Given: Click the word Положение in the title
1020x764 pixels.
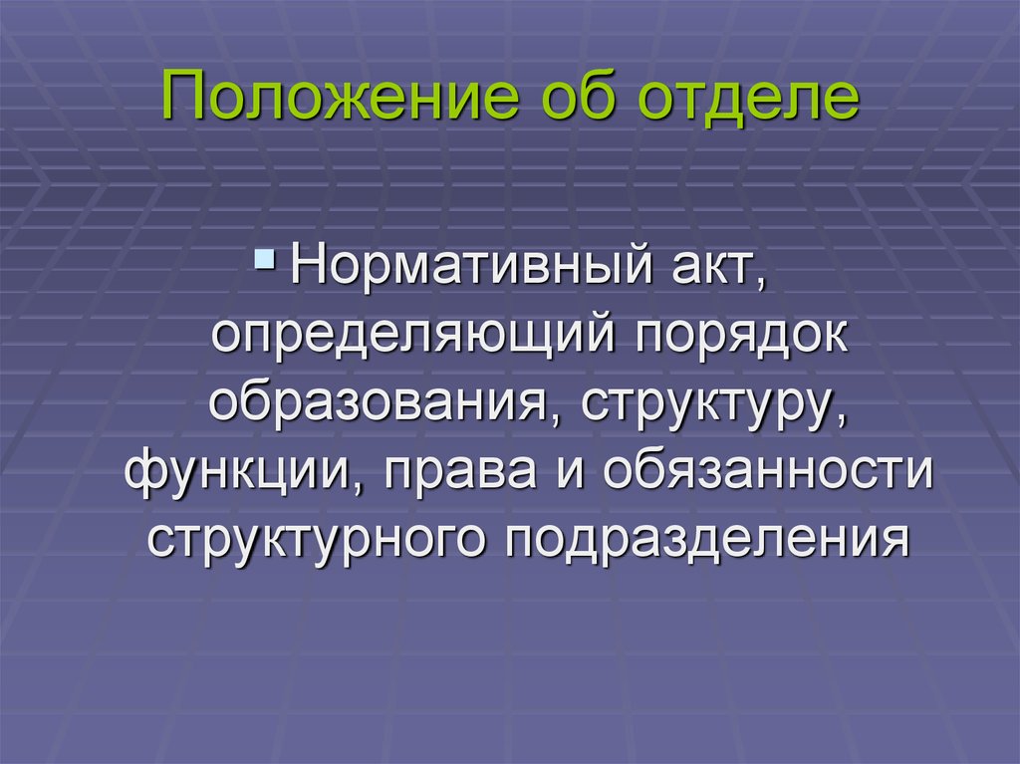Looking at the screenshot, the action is tap(341, 98).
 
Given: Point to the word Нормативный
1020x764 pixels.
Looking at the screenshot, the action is tap(471, 265).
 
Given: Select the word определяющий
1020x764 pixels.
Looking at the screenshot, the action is tap(413, 336).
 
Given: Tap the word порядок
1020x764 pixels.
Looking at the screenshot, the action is tap(742, 336).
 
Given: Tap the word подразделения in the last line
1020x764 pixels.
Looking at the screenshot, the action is tap(707, 540).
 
